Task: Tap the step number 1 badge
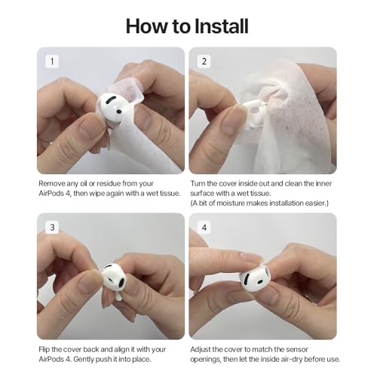(x=51, y=60)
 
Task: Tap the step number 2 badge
(x=204, y=60)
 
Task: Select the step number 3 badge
(x=51, y=226)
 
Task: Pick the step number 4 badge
(x=204, y=226)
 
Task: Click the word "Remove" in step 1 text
(x=53, y=183)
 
